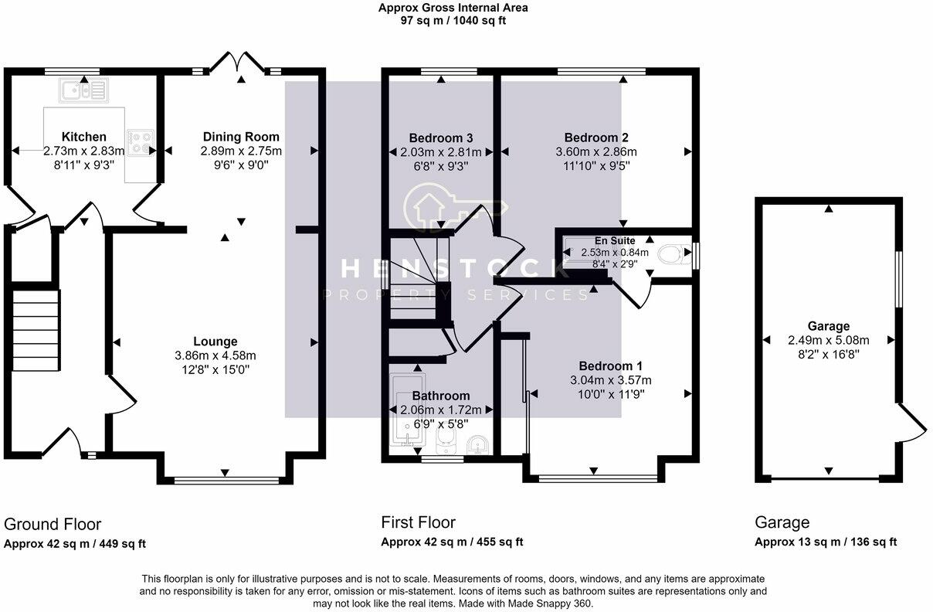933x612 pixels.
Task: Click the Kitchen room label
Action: click(84, 137)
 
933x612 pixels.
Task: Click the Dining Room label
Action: click(241, 137)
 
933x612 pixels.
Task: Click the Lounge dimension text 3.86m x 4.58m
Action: click(215, 355)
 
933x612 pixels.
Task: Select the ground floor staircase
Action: click(36, 328)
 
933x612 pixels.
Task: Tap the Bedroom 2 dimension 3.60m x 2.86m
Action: click(596, 151)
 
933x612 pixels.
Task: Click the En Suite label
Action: click(615, 240)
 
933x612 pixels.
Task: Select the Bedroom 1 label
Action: click(610, 365)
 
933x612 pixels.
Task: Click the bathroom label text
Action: click(440, 396)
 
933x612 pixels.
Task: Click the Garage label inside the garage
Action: click(828, 326)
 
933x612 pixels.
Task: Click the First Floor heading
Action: click(418, 522)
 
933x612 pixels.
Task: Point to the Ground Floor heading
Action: click(53, 525)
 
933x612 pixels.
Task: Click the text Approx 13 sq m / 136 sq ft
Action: click(826, 542)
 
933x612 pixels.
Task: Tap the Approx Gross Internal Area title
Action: click(453, 8)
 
